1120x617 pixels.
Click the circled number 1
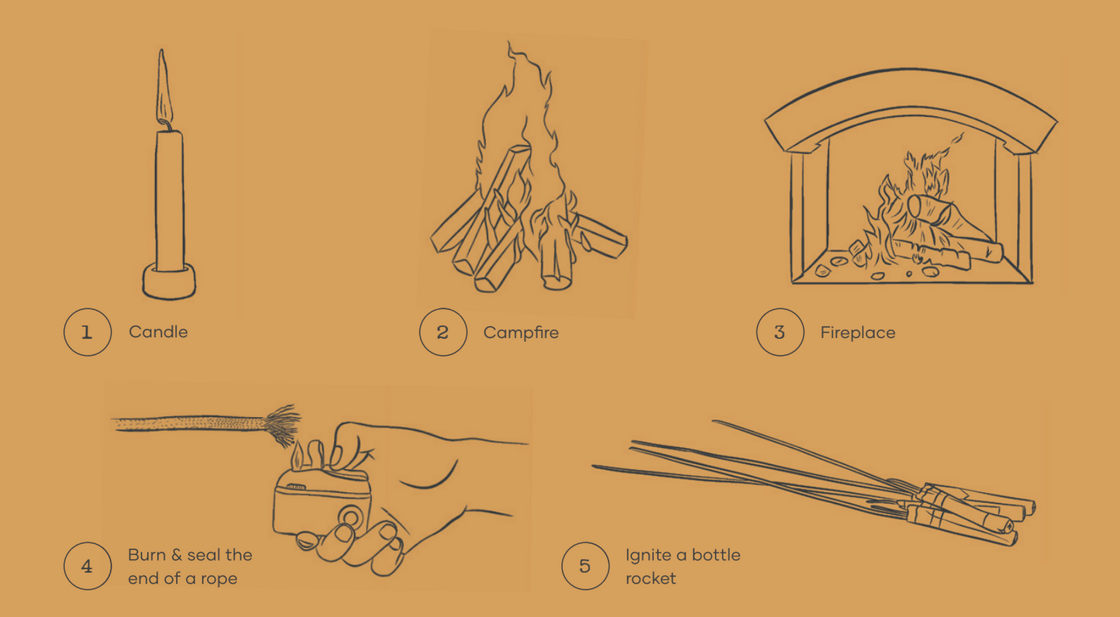tap(87, 333)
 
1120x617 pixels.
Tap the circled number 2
tap(443, 333)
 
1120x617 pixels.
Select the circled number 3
tap(780, 333)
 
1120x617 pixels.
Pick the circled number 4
tap(87, 566)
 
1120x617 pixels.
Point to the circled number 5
tap(585, 566)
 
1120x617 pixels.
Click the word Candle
tap(158, 333)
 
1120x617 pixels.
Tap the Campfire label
tap(521, 333)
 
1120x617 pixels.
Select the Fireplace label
tap(858, 333)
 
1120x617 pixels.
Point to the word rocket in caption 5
tap(651, 578)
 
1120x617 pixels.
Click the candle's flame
tap(164, 89)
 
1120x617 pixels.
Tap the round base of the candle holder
tap(169, 281)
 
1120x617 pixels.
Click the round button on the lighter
tap(351, 516)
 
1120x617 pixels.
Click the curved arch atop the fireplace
tap(911, 105)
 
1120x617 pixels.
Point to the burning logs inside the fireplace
tap(938, 225)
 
